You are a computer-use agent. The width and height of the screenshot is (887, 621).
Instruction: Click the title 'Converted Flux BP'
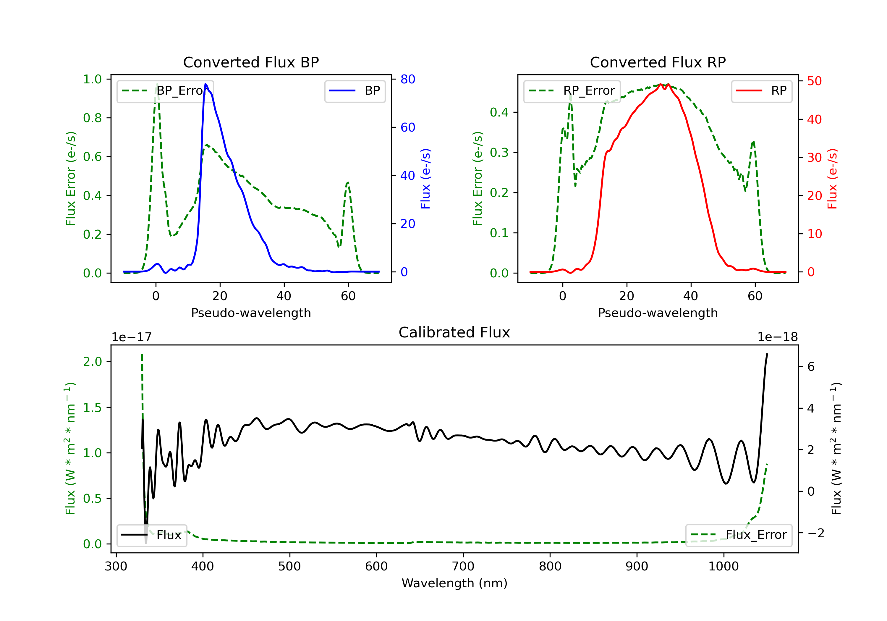point(251,62)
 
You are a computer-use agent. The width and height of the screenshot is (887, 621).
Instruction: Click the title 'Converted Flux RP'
point(658,62)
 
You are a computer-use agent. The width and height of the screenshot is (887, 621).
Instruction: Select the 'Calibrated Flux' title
point(454,332)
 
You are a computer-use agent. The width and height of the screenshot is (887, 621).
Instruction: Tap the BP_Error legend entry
point(165,91)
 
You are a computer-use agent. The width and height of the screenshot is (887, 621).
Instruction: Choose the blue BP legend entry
point(355,91)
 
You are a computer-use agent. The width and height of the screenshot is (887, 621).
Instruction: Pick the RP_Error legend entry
point(572,91)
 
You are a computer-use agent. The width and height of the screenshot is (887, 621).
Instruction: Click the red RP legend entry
point(761,91)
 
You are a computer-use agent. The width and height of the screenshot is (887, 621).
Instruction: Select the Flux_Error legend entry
point(739,535)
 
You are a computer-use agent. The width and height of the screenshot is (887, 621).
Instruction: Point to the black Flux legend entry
point(151,535)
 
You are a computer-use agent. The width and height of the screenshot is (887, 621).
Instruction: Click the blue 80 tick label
point(407,79)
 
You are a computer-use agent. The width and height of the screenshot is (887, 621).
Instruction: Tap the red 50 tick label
point(814,81)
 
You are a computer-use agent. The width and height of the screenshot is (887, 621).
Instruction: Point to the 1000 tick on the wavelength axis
point(723,567)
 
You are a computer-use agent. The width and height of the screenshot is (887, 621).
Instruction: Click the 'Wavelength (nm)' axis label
point(454,583)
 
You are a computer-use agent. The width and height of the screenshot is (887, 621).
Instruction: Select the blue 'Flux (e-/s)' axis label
point(425,179)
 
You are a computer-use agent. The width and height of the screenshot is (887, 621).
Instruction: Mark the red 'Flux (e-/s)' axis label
point(832,179)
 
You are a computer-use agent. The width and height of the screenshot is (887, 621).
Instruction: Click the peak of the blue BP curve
point(205,84)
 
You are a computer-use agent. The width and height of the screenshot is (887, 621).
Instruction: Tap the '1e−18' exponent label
point(777,337)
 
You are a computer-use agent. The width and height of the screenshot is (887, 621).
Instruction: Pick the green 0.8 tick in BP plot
point(92,118)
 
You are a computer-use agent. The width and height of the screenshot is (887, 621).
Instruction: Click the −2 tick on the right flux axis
point(815,533)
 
